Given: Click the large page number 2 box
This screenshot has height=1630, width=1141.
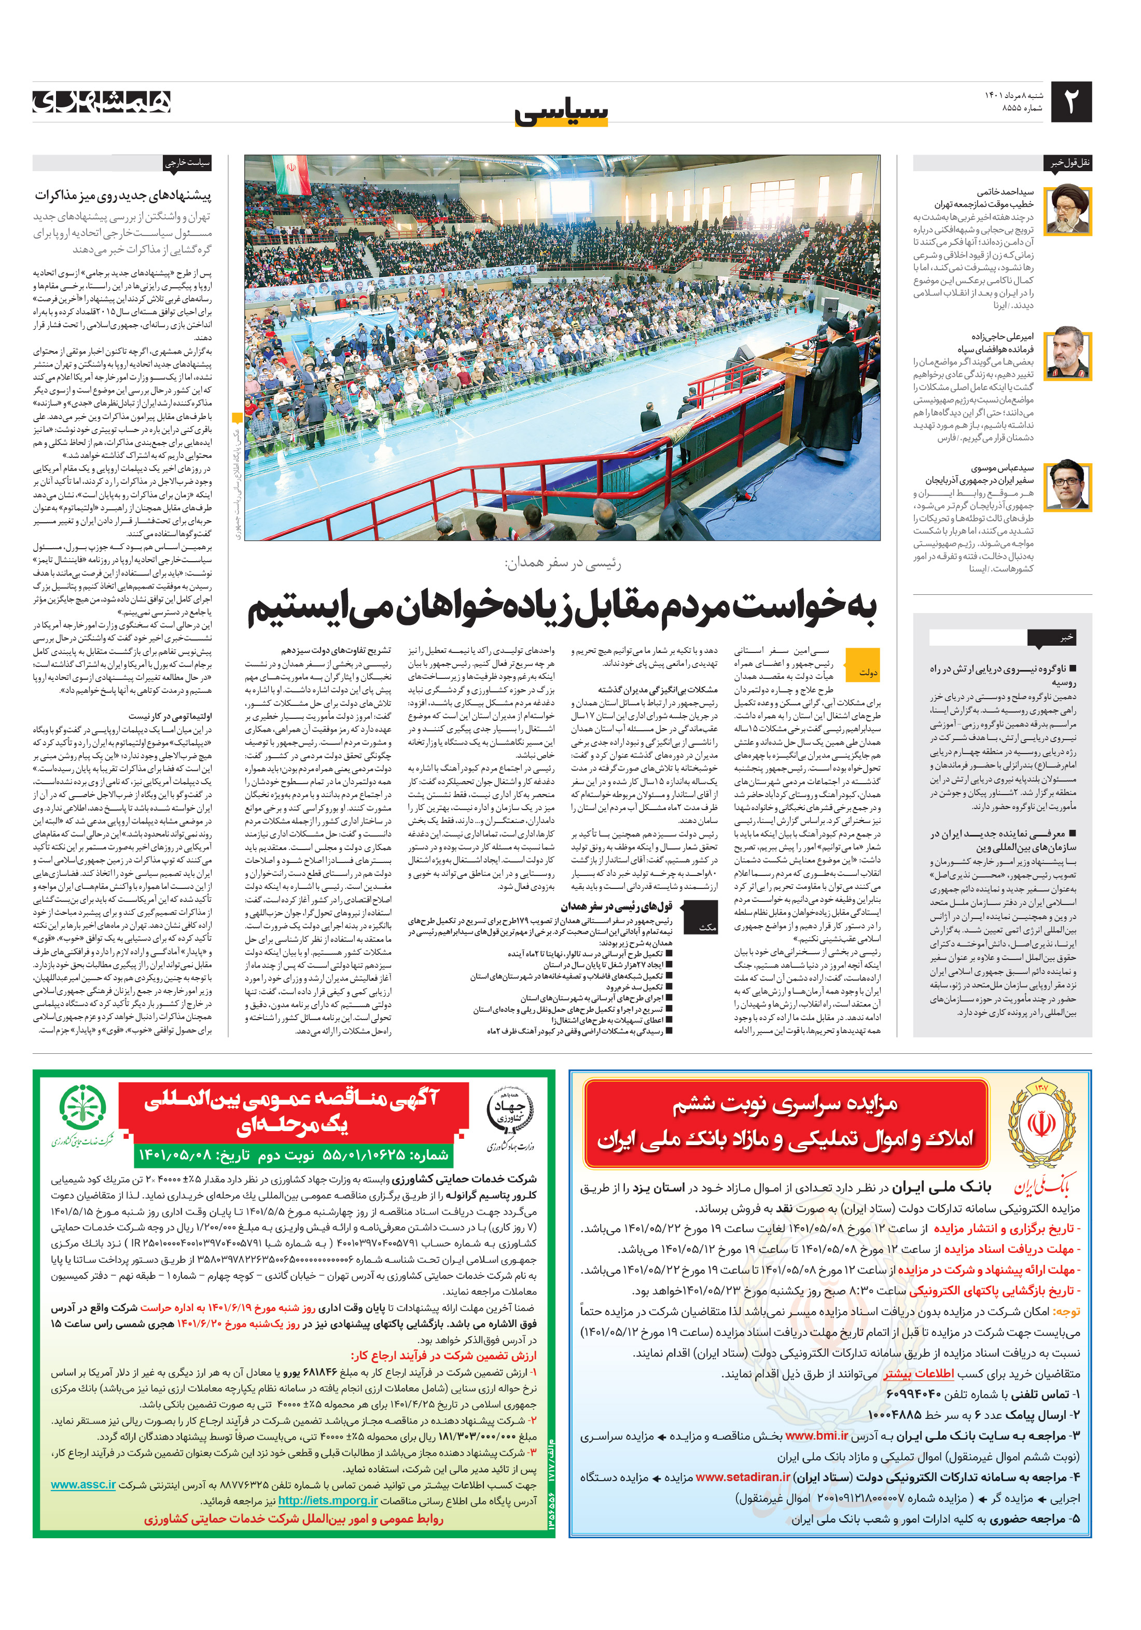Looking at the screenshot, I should (1070, 102).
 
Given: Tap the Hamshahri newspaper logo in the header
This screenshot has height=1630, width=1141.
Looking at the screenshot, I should (102, 102).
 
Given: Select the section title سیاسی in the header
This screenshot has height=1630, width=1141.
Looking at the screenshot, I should (561, 112).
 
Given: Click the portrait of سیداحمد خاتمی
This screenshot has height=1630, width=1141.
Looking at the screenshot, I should (1068, 210).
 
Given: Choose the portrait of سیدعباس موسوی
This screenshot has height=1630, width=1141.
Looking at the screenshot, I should (1068, 485).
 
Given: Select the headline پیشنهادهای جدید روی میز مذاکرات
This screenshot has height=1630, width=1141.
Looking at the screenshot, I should (123, 195).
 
